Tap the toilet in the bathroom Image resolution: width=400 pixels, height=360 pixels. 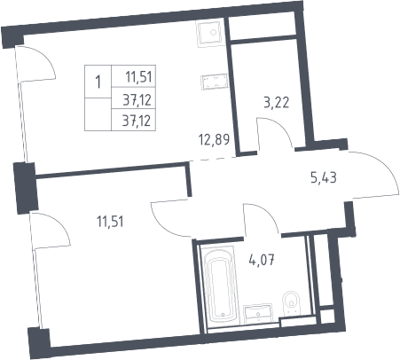291,302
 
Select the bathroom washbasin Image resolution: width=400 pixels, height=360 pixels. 258,314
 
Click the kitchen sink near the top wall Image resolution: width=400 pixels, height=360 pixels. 209,32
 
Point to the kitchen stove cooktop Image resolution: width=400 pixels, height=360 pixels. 214,82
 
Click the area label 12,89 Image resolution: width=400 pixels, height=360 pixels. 215,139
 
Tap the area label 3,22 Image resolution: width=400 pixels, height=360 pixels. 276,103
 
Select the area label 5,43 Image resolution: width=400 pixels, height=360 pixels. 324,177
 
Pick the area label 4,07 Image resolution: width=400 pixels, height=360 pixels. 262,260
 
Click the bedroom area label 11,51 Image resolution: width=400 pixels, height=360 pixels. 110,222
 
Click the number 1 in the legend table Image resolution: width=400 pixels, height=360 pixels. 98,82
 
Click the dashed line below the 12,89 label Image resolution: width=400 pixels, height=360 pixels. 212,159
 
